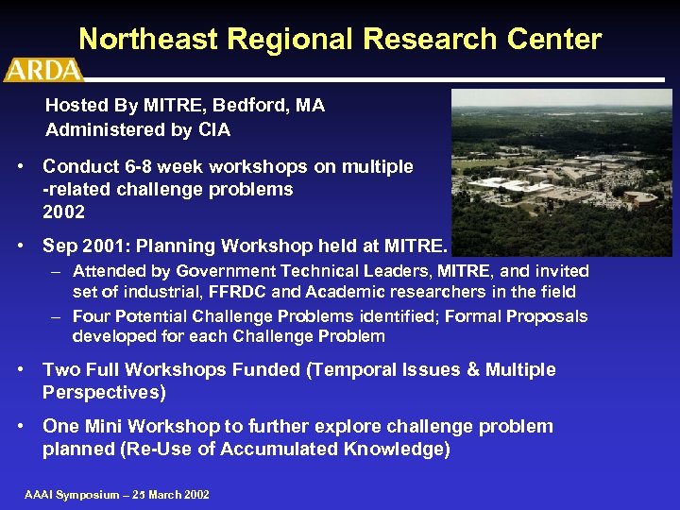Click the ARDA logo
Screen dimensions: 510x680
click(x=43, y=70)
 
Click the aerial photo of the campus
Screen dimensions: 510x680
click(x=561, y=172)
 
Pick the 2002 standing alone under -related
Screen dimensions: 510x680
click(x=63, y=212)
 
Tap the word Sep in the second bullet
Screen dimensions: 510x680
click(x=60, y=246)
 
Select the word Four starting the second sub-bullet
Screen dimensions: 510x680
click(x=91, y=316)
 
